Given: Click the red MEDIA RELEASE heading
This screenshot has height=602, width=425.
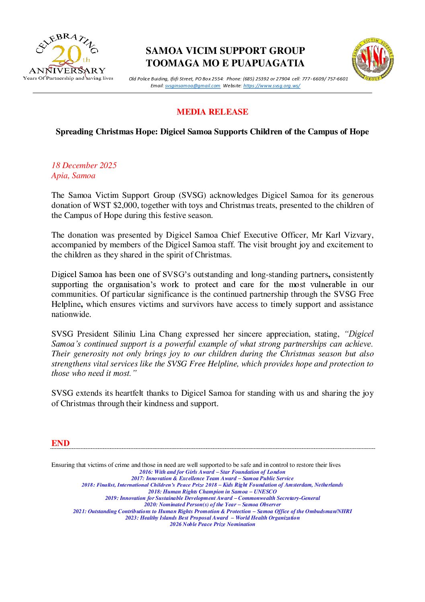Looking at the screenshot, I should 212,112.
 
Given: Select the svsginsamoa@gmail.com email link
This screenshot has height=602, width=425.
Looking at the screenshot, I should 192,86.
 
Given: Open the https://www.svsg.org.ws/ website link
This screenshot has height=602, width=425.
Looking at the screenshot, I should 272,86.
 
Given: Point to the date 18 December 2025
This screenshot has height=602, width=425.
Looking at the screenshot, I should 84,165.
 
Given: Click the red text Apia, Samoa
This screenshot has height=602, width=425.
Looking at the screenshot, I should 73,176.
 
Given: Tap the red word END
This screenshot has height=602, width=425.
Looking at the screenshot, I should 60,443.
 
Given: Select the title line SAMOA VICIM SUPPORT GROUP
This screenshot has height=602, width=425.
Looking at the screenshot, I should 225,51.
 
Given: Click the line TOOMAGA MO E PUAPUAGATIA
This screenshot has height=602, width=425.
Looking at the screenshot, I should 225,63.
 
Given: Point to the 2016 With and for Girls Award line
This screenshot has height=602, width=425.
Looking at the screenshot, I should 212,472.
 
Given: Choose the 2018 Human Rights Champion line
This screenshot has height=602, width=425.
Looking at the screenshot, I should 212,492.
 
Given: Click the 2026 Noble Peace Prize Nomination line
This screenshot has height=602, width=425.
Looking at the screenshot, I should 212,524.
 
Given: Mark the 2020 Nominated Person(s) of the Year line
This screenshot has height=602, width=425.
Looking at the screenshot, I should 212,505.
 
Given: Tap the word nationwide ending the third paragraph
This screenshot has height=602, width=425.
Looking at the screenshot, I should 71,314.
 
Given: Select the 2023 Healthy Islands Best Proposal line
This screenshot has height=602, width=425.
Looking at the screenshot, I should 212,518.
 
